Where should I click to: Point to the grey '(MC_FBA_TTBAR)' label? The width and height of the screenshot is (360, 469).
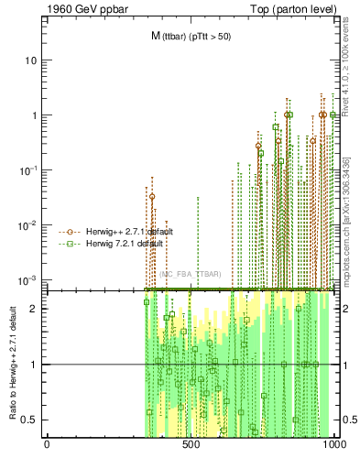click(x=190, y=274)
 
